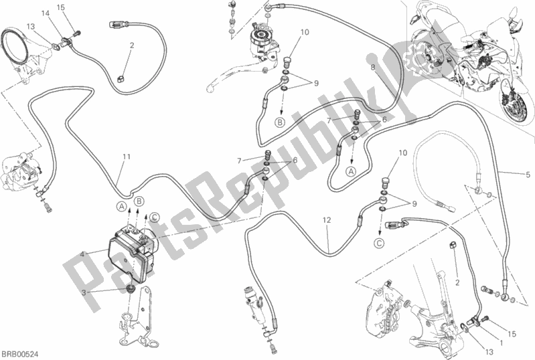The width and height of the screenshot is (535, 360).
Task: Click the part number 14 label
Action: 44,13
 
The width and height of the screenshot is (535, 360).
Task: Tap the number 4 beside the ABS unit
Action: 83,254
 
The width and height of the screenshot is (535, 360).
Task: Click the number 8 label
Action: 373,67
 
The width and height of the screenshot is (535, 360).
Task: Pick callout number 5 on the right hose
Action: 520,175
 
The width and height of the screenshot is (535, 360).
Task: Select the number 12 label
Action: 326,220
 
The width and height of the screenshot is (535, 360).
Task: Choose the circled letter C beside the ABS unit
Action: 154,215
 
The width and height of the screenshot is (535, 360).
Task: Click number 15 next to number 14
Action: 61,7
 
